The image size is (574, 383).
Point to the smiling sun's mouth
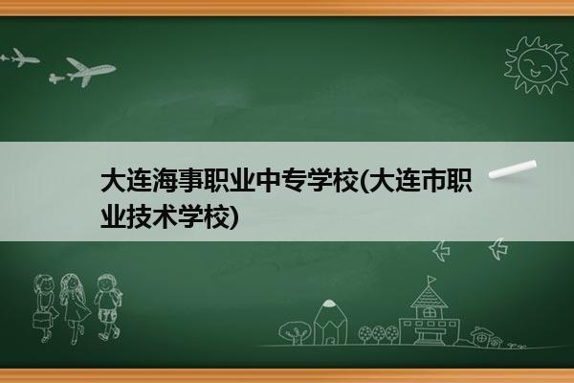pos(536,72)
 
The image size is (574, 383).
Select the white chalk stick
pos(513,169)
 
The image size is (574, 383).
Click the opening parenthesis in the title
pos(364,180)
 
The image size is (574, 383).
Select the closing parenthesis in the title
pos(234,216)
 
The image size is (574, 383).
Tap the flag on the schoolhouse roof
pos(432,281)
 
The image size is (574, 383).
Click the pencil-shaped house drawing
pos(329,322)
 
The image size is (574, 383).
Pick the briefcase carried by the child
pos(42,319)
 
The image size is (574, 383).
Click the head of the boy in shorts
pos(106,283)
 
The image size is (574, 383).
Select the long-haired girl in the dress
pos(75,307)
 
